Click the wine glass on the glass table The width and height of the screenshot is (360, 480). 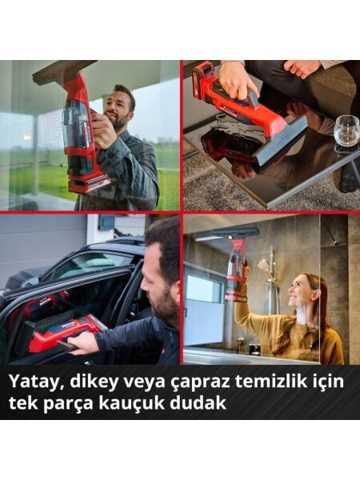tap(346, 130)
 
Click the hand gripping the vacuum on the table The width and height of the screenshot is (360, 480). tap(238, 81)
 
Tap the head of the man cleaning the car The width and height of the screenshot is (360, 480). tap(164, 264)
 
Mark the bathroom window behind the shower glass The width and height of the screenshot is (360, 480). tap(206, 288)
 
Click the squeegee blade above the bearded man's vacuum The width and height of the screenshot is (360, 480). tap(64, 72)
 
